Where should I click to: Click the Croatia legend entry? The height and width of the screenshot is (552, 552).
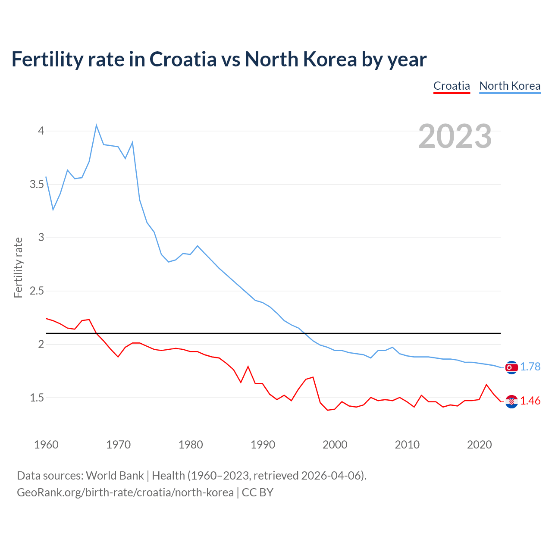[452, 86]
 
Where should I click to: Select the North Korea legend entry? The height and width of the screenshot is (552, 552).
[510, 86]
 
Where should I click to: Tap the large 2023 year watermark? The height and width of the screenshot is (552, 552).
[455, 136]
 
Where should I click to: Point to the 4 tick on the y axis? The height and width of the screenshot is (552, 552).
[41, 131]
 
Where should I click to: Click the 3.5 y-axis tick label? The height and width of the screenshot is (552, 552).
[37, 184]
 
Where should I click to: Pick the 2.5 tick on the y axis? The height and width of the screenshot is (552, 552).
[37, 291]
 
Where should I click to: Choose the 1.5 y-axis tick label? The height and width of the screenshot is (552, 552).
[37, 398]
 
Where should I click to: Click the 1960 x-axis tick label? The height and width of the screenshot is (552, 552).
[46, 445]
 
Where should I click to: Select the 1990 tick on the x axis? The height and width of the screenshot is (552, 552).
[263, 445]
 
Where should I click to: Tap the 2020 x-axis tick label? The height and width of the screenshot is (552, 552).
[479, 445]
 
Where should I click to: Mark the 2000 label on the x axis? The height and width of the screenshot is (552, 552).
[335, 445]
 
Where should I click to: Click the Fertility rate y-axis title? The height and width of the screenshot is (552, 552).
[18, 267]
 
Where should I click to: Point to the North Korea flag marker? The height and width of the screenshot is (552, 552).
[511, 367]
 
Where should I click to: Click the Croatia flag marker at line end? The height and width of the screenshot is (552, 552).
[511, 401]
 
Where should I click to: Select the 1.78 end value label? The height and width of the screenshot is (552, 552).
[530, 367]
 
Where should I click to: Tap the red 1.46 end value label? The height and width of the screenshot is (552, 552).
[530, 401]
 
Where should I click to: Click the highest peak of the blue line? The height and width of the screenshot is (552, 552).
[96, 125]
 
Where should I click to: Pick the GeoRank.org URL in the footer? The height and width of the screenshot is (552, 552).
[125, 492]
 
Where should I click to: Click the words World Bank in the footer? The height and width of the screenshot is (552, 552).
[115, 476]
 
